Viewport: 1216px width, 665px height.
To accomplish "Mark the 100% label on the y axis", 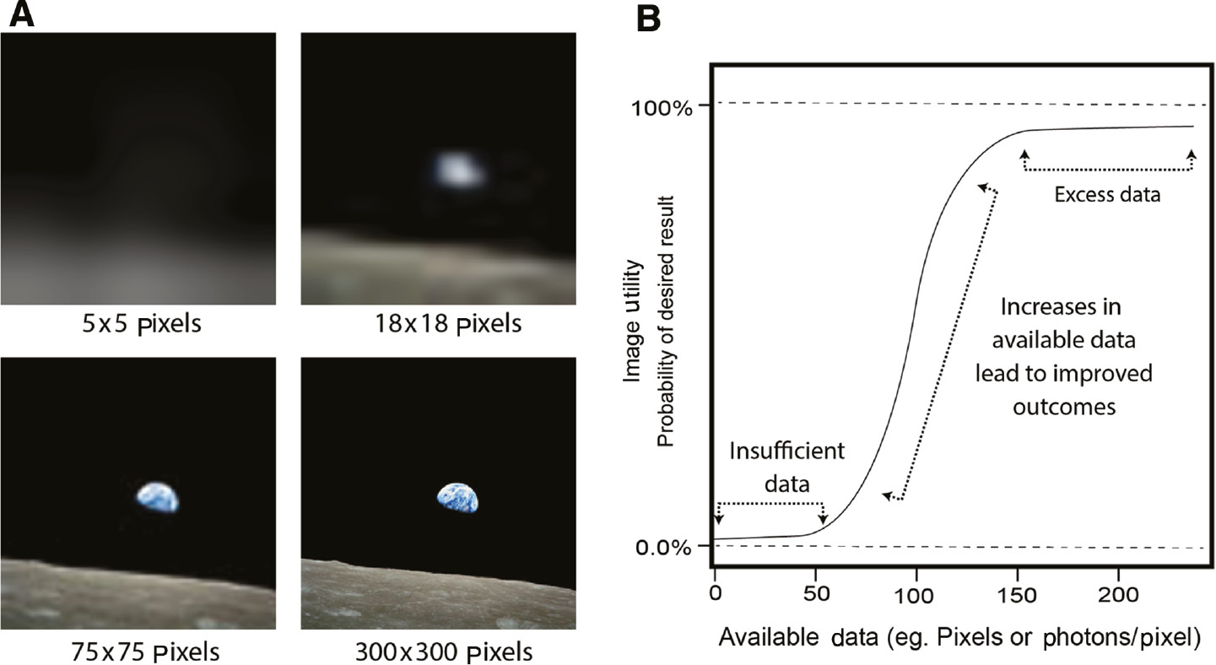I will click(660, 107).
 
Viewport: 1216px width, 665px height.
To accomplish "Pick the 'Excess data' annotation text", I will click(1107, 195).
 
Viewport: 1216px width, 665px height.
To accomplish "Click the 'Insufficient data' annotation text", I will click(786, 467).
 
